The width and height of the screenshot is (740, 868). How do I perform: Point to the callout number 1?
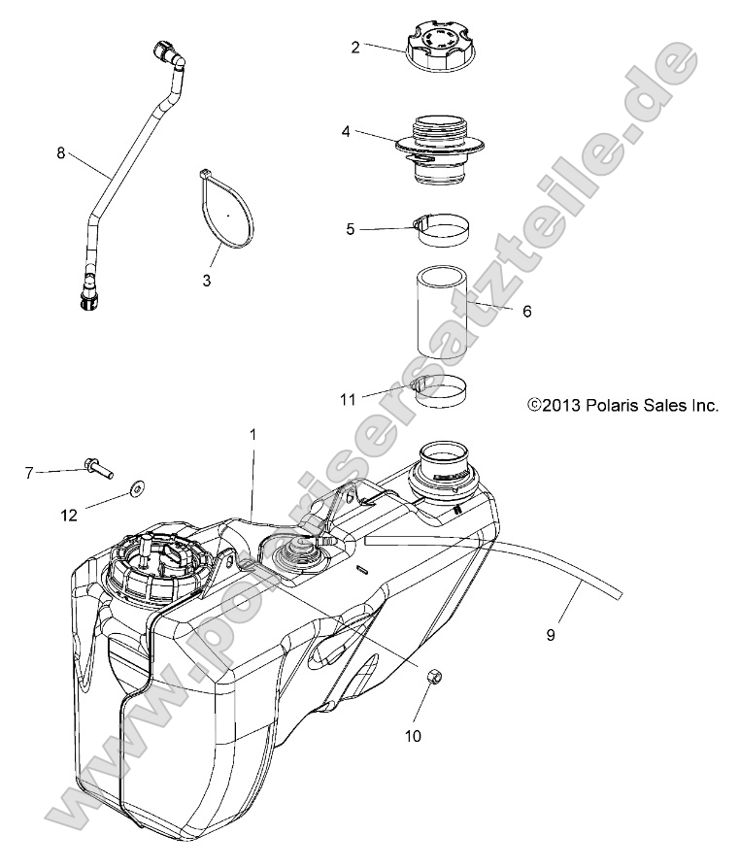point(253,435)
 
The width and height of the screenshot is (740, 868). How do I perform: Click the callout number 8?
point(61,152)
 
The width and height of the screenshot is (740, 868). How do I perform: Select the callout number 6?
point(526,312)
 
